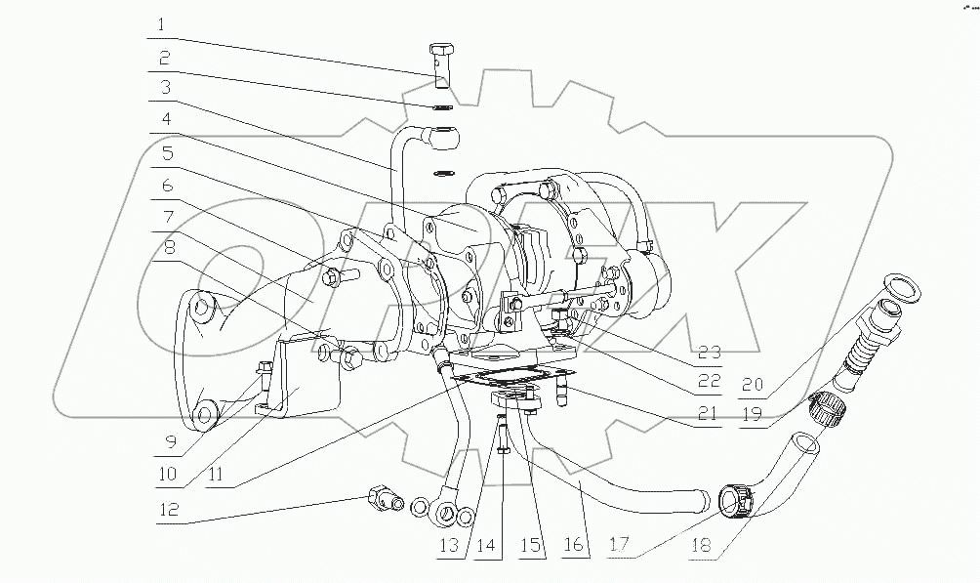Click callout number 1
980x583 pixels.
click(x=163, y=23)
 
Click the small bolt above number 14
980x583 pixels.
click(x=501, y=427)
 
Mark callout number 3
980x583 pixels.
click(x=167, y=88)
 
